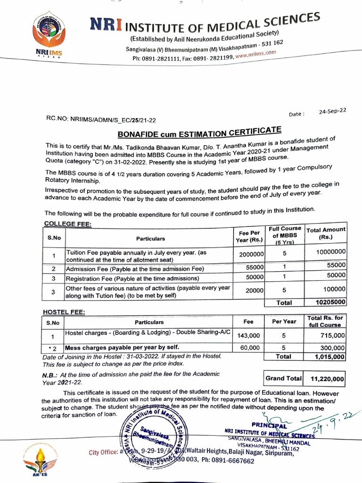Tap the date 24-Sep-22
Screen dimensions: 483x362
[x=332, y=111]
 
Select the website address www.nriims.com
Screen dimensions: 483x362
[x=255, y=55]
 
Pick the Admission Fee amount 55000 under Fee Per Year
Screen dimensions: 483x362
[x=255, y=267]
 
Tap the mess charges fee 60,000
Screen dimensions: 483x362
[x=249, y=348]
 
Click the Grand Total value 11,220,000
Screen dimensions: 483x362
[x=328, y=378]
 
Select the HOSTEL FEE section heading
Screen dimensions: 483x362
[x=64, y=312]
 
